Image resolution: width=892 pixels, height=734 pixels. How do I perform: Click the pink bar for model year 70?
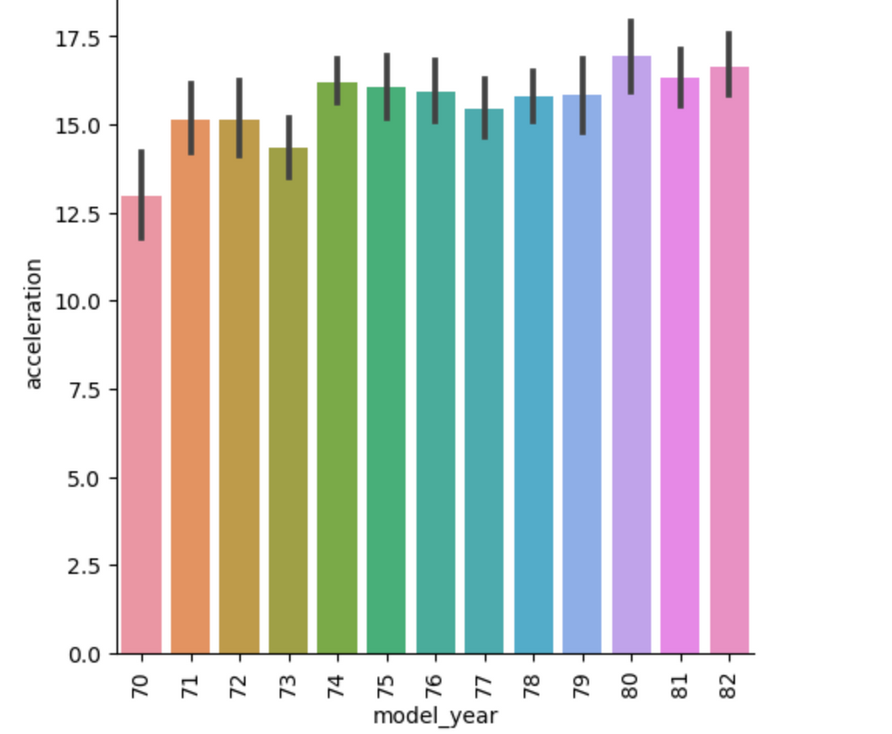[141, 429]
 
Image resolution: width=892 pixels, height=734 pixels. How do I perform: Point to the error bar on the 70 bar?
[141, 195]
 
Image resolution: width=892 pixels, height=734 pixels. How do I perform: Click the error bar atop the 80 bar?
[632, 55]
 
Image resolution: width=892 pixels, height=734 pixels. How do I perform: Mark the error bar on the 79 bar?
[582, 95]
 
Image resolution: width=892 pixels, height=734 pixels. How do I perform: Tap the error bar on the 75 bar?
[386, 86]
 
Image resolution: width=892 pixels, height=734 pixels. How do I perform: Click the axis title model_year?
[434, 716]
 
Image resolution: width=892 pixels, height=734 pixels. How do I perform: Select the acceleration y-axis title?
[34, 323]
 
